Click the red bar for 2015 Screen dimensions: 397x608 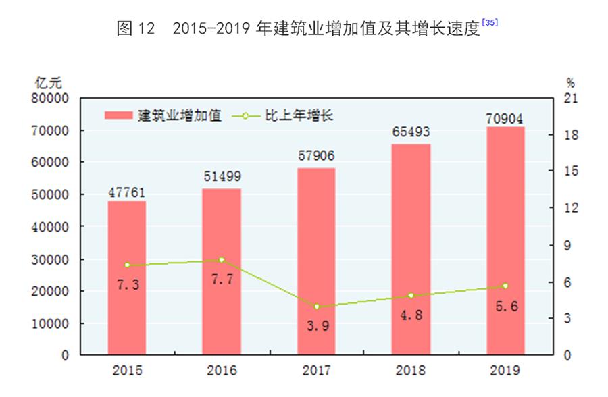pos(127,277)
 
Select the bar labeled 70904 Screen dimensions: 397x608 pos(505,240)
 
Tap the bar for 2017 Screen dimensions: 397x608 pos(316,261)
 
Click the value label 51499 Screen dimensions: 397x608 pos(222,178)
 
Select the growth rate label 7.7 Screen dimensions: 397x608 pos(222,280)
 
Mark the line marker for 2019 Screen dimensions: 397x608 pos(505,286)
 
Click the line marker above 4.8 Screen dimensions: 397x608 pos(411,296)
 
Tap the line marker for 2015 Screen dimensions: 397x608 pos(127,265)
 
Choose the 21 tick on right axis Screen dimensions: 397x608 pos(570,99)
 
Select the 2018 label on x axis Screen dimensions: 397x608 pos(411,370)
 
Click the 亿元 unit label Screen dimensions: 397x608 pos(49,84)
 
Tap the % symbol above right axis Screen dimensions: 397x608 pos(570,84)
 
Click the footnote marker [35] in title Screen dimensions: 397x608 pos(490,22)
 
